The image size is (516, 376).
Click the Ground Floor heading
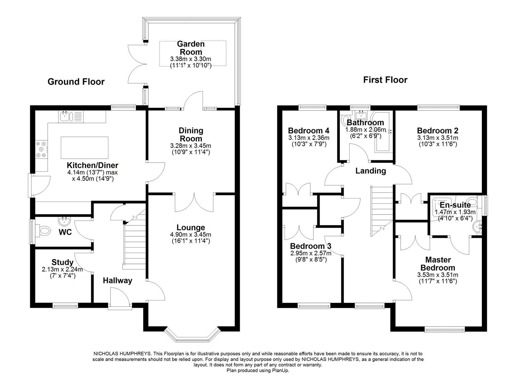click(76, 82)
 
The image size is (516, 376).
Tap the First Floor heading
click(385, 80)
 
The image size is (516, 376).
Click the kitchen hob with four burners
click(41, 149)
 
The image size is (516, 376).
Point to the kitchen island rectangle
click(84, 148)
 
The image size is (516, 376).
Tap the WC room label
click(65, 232)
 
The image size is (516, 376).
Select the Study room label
click(63, 263)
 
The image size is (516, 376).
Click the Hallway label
click(117, 281)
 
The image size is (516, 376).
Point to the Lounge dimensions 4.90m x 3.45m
click(190, 235)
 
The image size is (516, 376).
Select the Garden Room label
click(191, 48)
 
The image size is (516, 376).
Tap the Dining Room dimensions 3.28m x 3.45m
click(191, 146)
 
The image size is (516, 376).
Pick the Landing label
click(371, 171)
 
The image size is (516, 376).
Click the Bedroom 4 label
click(309, 131)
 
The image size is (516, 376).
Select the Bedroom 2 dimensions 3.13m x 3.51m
click(438, 138)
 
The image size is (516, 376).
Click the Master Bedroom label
click(438, 264)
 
